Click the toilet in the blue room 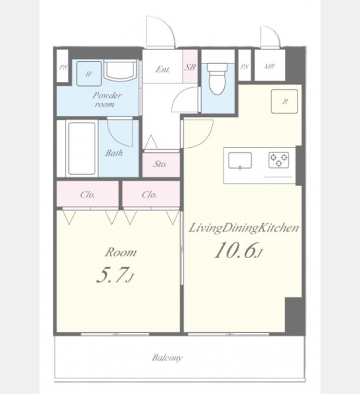[x=217, y=78]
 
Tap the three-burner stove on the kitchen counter [x=279, y=160]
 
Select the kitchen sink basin [x=240, y=161]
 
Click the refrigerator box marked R [x=284, y=101]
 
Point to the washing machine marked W [x=89, y=74]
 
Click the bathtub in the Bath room [x=81, y=148]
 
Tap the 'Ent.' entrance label [x=163, y=70]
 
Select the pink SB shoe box [x=190, y=66]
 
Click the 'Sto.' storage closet [x=161, y=164]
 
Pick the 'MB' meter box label [x=269, y=66]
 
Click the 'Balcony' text [x=168, y=358]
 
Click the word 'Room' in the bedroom [x=121, y=252]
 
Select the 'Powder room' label [x=106, y=100]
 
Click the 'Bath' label [x=114, y=153]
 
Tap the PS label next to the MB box [x=244, y=66]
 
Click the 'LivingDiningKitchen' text [x=244, y=228]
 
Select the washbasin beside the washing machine [x=120, y=70]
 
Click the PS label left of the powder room [x=63, y=67]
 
